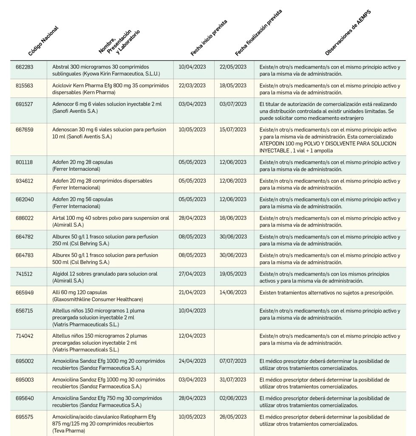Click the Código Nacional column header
(43, 41)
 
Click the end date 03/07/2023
(233, 104)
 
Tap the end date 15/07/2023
(233, 129)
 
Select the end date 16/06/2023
(233, 218)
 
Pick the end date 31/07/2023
(233, 380)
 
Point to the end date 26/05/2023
(233, 417)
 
